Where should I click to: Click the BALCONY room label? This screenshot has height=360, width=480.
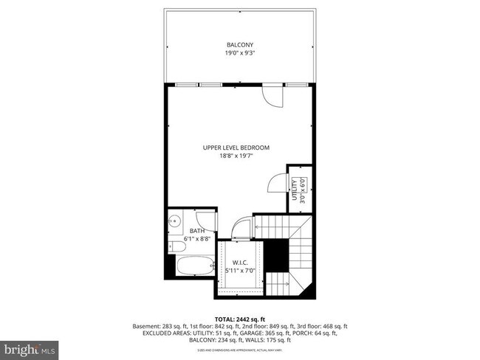click(240, 45)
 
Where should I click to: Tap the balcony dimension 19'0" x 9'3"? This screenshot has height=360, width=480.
click(240, 53)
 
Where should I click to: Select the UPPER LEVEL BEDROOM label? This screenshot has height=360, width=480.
click(236, 148)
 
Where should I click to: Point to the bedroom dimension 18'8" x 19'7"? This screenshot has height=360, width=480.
click(236, 156)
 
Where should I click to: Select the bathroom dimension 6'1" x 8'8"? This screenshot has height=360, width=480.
click(198, 239)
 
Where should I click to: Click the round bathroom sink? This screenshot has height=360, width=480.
click(176, 221)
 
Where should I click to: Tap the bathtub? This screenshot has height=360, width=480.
click(194, 266)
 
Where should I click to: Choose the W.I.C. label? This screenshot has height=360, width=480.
click(239, 262)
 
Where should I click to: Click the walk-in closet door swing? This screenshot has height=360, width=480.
click(242, 229)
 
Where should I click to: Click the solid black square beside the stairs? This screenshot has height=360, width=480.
click(275, 255)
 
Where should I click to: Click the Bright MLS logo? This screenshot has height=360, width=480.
click(30, 347)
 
